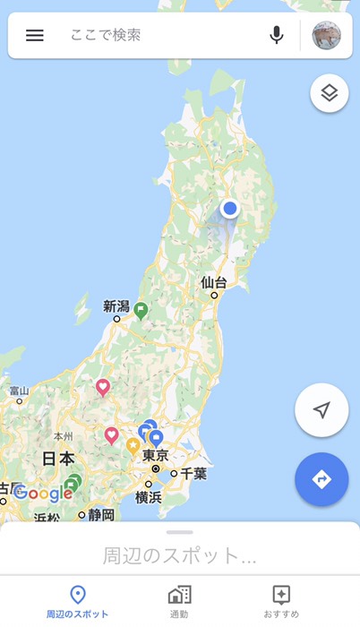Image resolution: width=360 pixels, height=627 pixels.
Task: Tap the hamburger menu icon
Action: click(x=35, y=36)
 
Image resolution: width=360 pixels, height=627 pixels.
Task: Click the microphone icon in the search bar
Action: click(x=277, y=36)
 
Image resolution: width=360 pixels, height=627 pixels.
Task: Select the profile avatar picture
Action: click(x=326, y=36)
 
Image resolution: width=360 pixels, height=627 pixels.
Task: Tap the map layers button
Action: click(x=329, y=94)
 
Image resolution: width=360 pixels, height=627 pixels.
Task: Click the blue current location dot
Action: click(x=230, y=209)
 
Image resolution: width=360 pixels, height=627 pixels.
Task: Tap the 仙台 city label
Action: click(x=214, y=283)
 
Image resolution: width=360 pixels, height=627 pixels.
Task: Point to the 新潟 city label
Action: click(x=116, y=306)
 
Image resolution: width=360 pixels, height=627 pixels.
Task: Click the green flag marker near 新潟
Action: click(x=141, y=310)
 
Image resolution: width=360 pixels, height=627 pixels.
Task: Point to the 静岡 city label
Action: click(x=101, y=514)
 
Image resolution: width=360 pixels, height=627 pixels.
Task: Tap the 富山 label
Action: click(x=19, y=391)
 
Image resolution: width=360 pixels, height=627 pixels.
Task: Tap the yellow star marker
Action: click(x=133, y=445)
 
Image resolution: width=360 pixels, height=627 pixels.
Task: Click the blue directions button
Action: click(x=321, y=480)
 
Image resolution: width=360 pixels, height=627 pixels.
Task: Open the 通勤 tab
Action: click(x=179, y=602)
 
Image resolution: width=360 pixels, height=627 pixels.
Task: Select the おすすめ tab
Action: click(x=281, y=602)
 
